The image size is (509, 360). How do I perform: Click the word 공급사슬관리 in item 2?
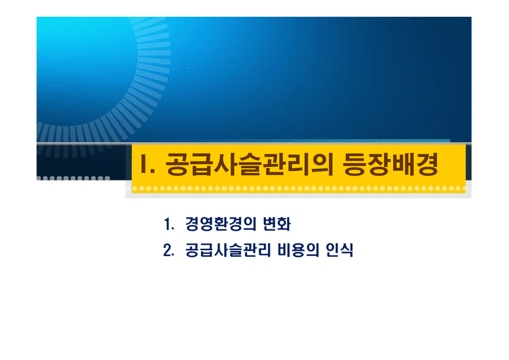(226, 251)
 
